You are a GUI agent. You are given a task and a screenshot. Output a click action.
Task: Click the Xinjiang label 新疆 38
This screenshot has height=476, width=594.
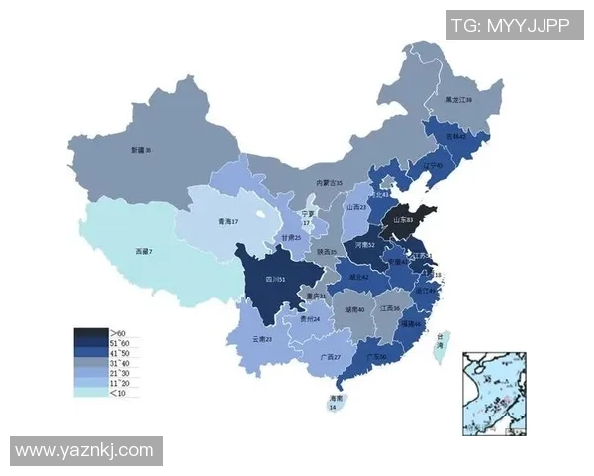pyautogui.click(x=141, y=150)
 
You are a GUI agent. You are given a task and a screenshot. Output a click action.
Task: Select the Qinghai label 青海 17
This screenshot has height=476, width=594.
pyautogui.click(x=227, y=222)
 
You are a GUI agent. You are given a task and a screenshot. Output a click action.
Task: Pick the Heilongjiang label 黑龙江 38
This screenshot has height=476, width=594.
pyautogui.click(x=457, y=100)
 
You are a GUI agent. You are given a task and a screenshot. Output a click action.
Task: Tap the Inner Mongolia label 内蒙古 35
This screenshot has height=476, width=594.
pyautogui.click(x=329, y=183)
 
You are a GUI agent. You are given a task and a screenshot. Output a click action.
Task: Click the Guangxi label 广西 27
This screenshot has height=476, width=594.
pyautogui.click(x=330, y=357)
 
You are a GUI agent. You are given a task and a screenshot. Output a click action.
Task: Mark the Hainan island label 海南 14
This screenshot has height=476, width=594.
pyautogui.click(x=334, y=401)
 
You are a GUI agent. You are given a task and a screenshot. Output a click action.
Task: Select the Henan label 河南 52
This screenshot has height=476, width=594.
pyautogui.click(x=364, y=243)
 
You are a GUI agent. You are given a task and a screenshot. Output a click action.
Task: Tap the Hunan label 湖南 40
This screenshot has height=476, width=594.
pyautogui.click(x=354, y=310)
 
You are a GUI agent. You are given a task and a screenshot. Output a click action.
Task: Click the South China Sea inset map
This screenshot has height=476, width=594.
pyautogui.click(x=499, y=393)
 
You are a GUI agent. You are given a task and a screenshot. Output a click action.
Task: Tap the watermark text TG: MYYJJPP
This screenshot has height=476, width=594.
pyautogui.click(x=509, y=24)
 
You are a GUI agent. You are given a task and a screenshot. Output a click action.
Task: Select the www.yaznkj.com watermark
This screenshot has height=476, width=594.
pyautogui.click(x=84, y=451)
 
